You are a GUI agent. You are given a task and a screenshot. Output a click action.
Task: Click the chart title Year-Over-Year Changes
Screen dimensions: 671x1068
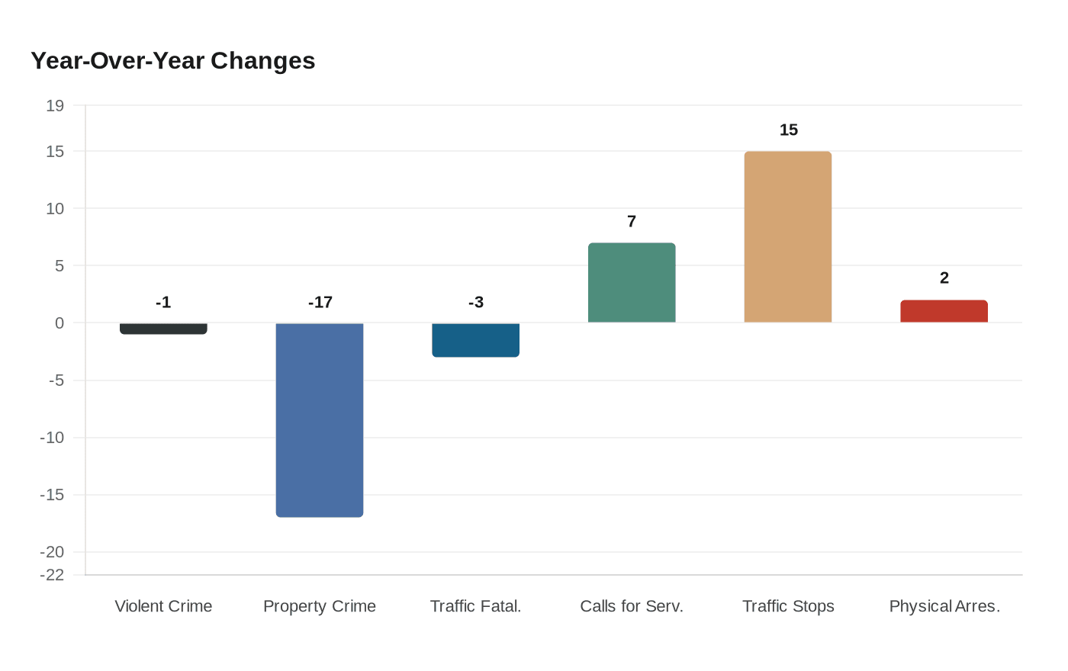point(172,61)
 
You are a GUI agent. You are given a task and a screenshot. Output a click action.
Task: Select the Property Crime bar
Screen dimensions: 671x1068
point(320,419)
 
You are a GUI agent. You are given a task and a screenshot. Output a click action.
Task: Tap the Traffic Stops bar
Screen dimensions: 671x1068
point(788,236)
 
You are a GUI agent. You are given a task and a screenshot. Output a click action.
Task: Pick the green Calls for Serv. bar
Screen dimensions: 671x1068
point(632,283)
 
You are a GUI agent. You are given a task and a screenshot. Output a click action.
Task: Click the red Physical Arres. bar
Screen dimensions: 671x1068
point(944,311)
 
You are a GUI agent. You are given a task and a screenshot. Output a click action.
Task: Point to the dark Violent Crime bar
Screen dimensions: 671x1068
point(163,329)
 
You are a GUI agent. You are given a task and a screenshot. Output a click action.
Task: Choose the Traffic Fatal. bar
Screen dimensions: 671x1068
point(475,339)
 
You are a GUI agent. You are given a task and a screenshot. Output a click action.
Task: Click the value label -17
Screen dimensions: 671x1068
point(320,303)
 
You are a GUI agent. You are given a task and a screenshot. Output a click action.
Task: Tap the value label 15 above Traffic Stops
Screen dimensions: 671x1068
point(789,130)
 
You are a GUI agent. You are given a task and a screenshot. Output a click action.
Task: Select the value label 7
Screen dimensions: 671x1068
point(632,222)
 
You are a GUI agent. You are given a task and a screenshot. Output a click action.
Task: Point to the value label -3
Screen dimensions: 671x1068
point(476,303)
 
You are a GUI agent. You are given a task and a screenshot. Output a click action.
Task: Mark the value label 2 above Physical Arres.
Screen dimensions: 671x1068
point(944,278)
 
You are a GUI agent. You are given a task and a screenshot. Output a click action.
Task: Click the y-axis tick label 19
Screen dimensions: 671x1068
point(55,106)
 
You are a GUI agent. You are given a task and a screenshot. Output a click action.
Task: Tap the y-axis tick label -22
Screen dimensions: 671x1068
point(52,575)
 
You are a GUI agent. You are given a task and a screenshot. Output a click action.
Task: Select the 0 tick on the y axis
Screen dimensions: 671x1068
point(60,323)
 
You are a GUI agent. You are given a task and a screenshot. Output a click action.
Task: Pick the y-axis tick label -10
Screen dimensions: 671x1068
point(52,438)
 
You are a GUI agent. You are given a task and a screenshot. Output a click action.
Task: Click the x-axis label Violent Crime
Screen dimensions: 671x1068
point(163,606)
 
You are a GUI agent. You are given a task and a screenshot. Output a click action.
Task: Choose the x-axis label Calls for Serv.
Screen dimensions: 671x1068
point(632,606)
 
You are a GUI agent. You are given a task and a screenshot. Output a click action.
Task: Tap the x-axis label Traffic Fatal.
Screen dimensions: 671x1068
point(475,606)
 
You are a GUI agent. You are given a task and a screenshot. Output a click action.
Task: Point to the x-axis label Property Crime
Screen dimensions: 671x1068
point(320,606)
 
